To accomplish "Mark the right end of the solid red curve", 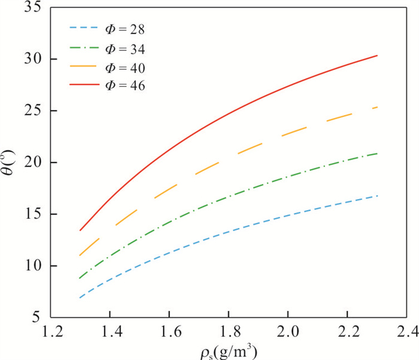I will pos(377,56).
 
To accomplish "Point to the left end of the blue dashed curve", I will pos(80,298).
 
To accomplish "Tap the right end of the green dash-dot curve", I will pos(377,153).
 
